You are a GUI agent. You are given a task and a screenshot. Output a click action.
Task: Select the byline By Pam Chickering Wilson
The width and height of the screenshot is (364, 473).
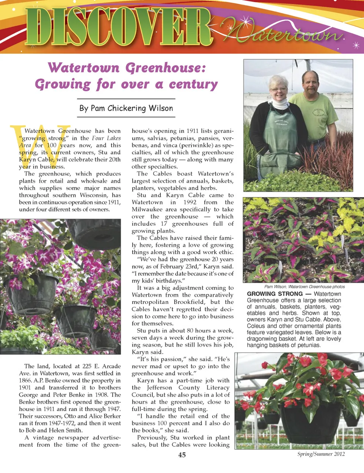tap(126, 108)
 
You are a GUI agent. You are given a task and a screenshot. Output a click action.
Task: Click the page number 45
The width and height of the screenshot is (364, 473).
tap(182, 455)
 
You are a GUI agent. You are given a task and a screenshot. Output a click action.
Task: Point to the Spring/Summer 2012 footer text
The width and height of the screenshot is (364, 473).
tap(321, 454)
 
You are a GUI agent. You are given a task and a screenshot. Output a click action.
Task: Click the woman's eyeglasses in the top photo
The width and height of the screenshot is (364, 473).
tap(279, 89)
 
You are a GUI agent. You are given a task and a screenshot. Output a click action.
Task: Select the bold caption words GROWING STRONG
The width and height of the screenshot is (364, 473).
tap(275, 294)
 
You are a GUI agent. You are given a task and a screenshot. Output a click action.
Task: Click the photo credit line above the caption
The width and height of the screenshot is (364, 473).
tap(304, 287)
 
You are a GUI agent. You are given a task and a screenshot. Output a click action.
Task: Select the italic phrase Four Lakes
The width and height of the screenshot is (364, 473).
tap(106, 138)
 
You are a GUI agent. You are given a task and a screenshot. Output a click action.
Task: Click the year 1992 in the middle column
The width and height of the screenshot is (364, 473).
tap(190, 202)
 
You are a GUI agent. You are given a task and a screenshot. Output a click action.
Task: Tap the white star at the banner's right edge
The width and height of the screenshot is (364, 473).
tap(356, 46)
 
